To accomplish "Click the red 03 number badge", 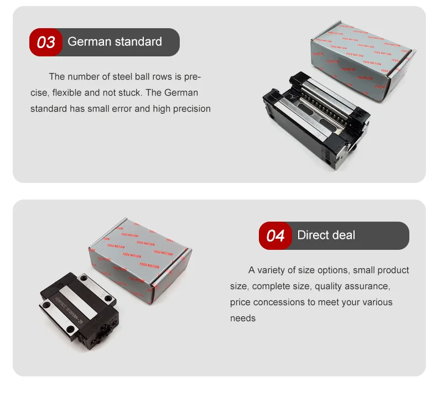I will tap(46, 42).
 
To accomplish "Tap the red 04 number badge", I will tap(275, 236).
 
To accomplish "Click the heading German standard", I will tap(115, 41).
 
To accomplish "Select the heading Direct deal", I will tap(326, 235).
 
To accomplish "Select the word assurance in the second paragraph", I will tap(368, 286).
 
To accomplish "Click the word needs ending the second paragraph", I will tap(243, 318).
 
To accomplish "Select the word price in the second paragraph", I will tap(241, 302).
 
